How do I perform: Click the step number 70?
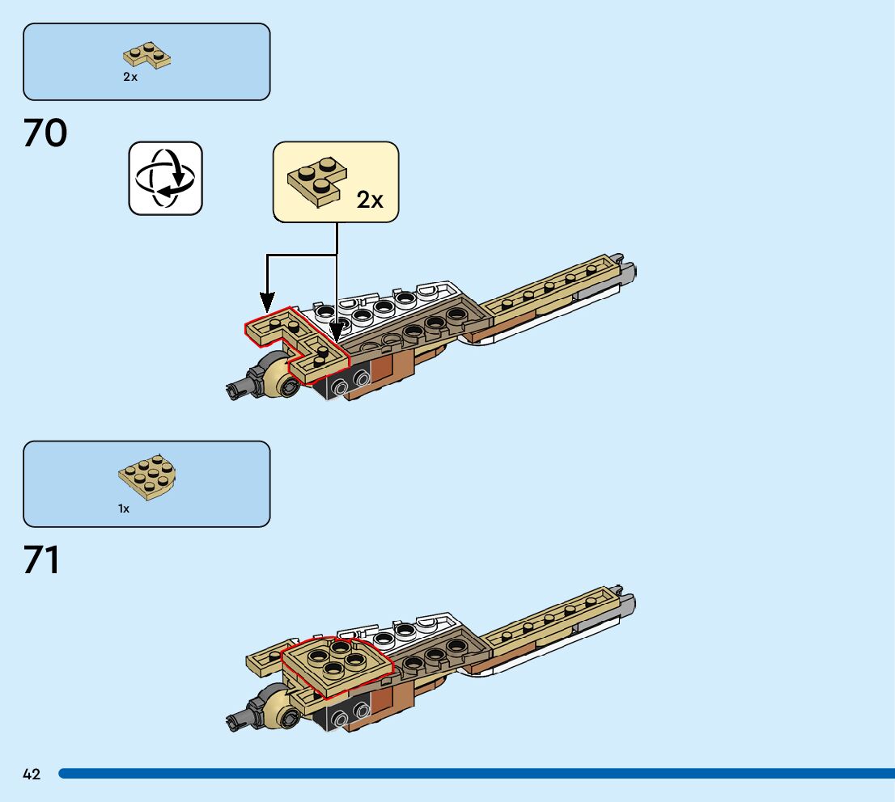point(45,133)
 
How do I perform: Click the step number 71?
point(42,560)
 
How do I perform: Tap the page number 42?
point(32,775)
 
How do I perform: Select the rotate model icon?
point(165,178)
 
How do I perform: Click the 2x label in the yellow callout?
point(370,200)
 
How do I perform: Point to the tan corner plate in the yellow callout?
point(317,180)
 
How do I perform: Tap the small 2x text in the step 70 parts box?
point(130,77)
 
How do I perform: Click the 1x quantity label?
point(124,509)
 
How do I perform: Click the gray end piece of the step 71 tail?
point(626,602)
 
